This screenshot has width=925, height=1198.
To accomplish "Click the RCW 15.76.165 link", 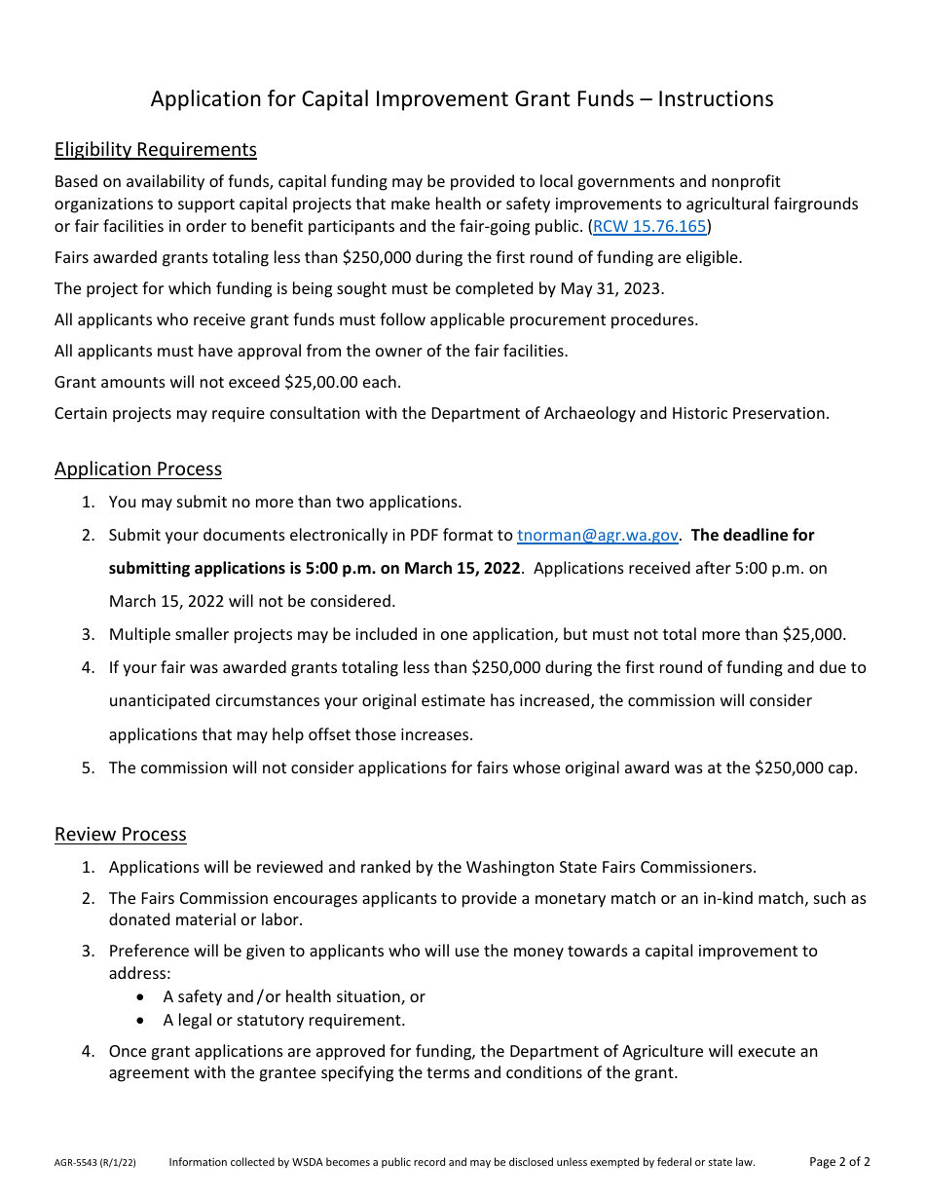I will [x=649, y=227].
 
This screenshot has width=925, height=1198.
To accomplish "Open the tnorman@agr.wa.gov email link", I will [x=597, y=535].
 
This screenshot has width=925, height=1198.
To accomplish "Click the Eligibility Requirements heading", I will [x=156, y=149].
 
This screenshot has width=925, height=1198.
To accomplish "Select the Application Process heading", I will [x=138, y=468].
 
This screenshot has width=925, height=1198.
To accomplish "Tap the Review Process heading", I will [x=121, y=834].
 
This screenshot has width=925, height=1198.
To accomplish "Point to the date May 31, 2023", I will [x=611, y=288].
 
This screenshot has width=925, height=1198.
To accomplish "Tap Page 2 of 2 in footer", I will [x=839, y=1161].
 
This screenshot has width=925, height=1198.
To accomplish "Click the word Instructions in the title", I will [x=716, y=98].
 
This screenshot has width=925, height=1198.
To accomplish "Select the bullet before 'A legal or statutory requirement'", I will [x=142, y=1020].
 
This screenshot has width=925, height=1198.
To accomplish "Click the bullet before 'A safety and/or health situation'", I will [x=142, y=996].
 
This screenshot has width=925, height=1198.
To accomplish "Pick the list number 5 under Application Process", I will [x=88, y=767].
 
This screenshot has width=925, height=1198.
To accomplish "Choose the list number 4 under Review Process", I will [x=88, y=1051].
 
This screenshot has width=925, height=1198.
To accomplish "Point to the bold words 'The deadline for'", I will [x=753, y=535].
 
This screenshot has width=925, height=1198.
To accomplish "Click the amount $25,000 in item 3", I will [x=813, y=634].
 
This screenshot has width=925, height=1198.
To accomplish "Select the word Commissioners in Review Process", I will [x=694, y=867].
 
